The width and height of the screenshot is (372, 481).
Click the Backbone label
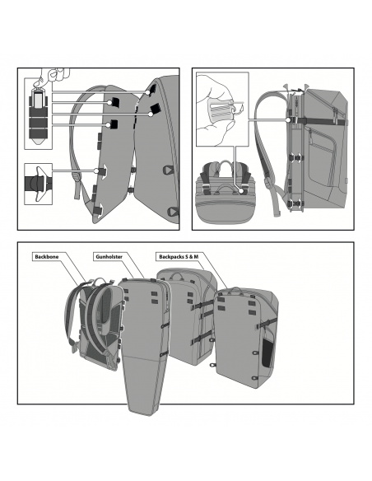point(46,257)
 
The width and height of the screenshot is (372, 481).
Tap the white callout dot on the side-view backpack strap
point(291,119)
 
